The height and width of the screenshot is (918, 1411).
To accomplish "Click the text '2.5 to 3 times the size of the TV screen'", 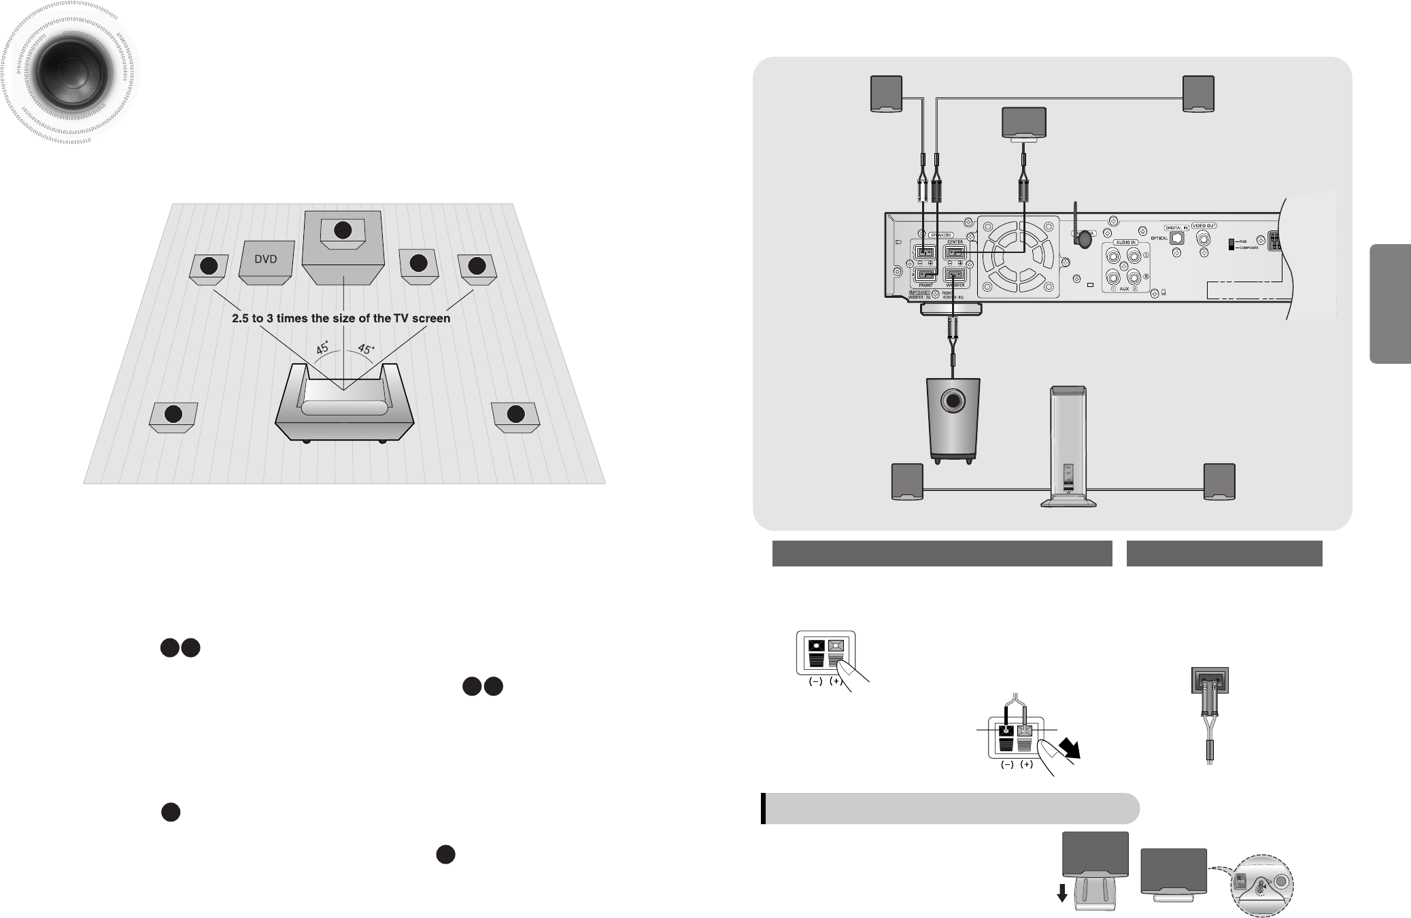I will point(341,318).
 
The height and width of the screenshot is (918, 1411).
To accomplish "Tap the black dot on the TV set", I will point(343,231).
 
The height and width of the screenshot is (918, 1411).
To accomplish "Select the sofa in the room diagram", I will point(344,404).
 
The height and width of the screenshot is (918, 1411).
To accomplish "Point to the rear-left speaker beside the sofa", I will point(174,415).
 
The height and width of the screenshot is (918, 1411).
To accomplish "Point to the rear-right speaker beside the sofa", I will point(515,415).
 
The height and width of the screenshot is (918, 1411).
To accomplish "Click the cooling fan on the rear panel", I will point(1018,257).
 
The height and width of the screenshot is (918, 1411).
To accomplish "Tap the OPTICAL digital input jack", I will point(1177,239).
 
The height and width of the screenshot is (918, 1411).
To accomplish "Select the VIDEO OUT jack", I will point(1204,239).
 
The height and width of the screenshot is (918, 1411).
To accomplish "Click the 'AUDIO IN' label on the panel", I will point(1125,242).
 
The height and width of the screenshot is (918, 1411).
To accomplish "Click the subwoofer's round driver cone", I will point(954,401).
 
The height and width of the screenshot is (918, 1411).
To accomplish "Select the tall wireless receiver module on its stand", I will point(1068,449).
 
